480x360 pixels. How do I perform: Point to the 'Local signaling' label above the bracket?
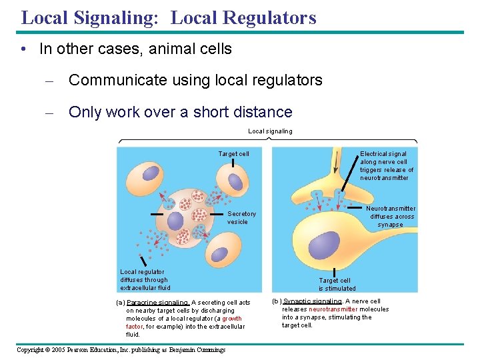tap(270, 131)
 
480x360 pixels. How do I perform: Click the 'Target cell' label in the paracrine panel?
tap(233, 154)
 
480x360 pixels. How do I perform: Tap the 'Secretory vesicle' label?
tap(241, 218)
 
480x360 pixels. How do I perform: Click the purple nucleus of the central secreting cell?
tap(175, 221)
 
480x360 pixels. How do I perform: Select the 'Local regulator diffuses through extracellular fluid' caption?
tap(145, 280)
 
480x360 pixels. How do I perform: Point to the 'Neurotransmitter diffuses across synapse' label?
tap(392, 216)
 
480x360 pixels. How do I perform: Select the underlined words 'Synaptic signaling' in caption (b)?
tap(313, 301)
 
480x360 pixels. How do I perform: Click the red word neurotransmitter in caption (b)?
tap(333, 309)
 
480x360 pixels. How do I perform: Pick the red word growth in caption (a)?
tap(232, 319)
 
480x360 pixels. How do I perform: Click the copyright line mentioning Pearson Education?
tap(121, 350)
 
